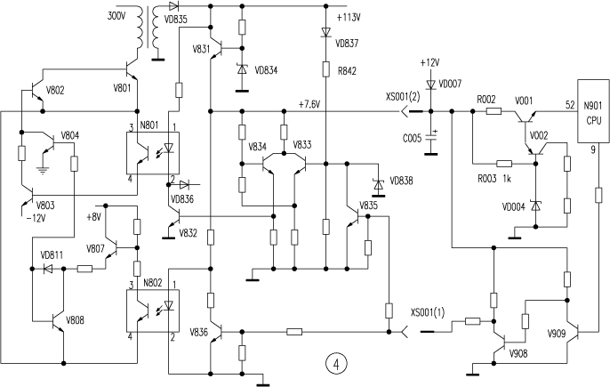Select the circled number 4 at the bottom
click(x=336, y=364)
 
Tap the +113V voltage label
click(x=349, y=18)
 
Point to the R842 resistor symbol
click(x=326, y=69)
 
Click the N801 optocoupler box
click(x=153, y=153)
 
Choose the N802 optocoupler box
click(x=153, y=310)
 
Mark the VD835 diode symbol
click(x=173, y=6)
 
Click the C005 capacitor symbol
click(x=430, y=137)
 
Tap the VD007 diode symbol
click(x=430, y=85)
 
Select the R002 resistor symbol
click(x=494, y=111)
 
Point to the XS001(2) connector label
click(x=403, y=97)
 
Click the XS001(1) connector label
click(x=428, y=312)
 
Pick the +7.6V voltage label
click(x=309, y=104)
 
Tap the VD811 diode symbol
click(x=48, y=269)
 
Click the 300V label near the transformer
click(x=116, y=16)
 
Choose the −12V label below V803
click(x=36, y=219)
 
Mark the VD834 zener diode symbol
click(x=242, y=69)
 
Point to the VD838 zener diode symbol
click(x=378, y=184)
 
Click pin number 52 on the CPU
click(x=570, y=104)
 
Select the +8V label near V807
click(x=93, y=216)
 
